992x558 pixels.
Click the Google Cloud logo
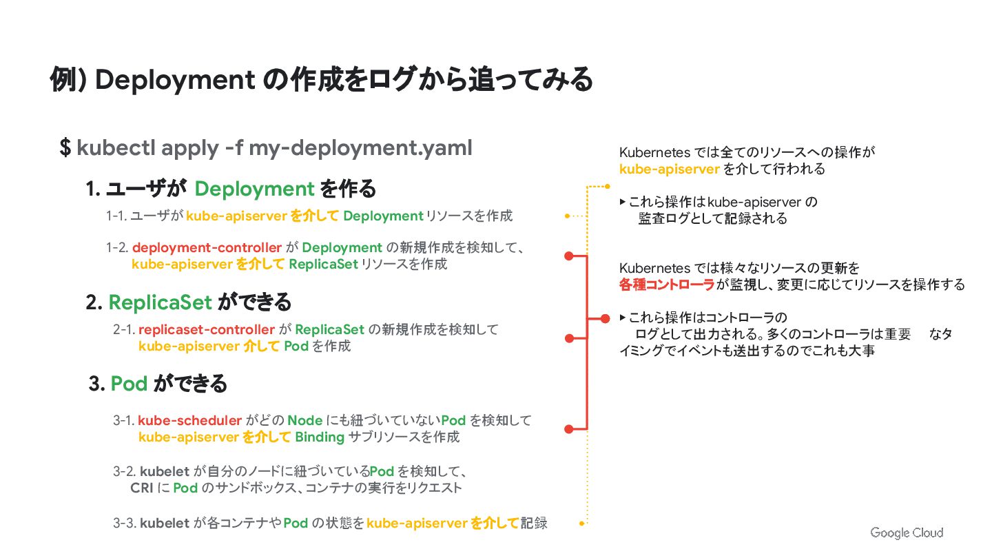907,533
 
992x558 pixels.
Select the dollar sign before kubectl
65,147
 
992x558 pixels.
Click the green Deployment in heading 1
254,188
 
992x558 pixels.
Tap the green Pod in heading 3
129,383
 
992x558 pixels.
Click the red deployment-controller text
207,247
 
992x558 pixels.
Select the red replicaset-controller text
207,329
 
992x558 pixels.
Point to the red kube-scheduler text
189,420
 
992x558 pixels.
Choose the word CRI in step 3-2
141,488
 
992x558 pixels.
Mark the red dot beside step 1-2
569,256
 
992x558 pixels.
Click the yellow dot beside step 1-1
567,216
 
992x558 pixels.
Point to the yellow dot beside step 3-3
582,524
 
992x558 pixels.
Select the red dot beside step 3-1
569,428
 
